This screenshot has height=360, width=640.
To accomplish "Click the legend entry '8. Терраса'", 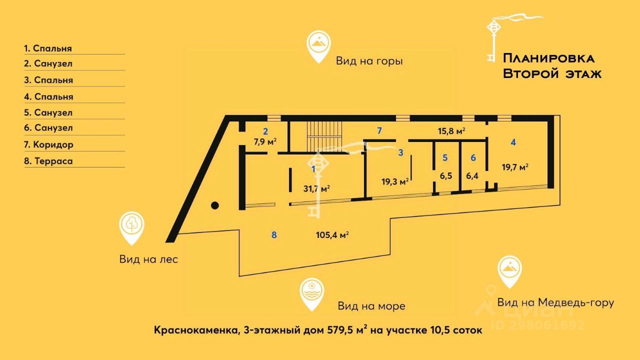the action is click(x=48, y=161).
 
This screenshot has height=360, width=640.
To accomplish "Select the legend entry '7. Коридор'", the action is click(x=48, y=145).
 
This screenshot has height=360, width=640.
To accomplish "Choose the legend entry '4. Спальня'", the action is click(x=48, y=96).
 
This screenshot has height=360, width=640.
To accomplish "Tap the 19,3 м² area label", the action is click(x=395, y=181).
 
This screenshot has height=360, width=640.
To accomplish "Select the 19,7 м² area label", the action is click(x=515, y=167).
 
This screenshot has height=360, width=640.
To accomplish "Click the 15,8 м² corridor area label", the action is click(x=451, y=131).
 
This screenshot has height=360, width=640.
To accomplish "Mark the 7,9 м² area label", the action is click(x=265, y=141).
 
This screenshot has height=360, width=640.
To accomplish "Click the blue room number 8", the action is click(x=274, y=234).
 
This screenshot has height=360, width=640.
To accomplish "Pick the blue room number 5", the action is click(x=445, y=157).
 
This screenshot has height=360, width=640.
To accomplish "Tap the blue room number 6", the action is click(x=473, y=157).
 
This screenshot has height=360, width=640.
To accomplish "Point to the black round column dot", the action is click(x=214, y=204).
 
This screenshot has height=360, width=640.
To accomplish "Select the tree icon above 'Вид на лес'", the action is click(x=132, y=226).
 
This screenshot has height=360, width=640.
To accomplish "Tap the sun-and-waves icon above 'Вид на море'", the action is click(x=312, y=292).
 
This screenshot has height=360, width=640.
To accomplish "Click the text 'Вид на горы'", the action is click(x=369, y=61).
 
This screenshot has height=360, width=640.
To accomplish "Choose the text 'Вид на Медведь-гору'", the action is click(x=555, y=302).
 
